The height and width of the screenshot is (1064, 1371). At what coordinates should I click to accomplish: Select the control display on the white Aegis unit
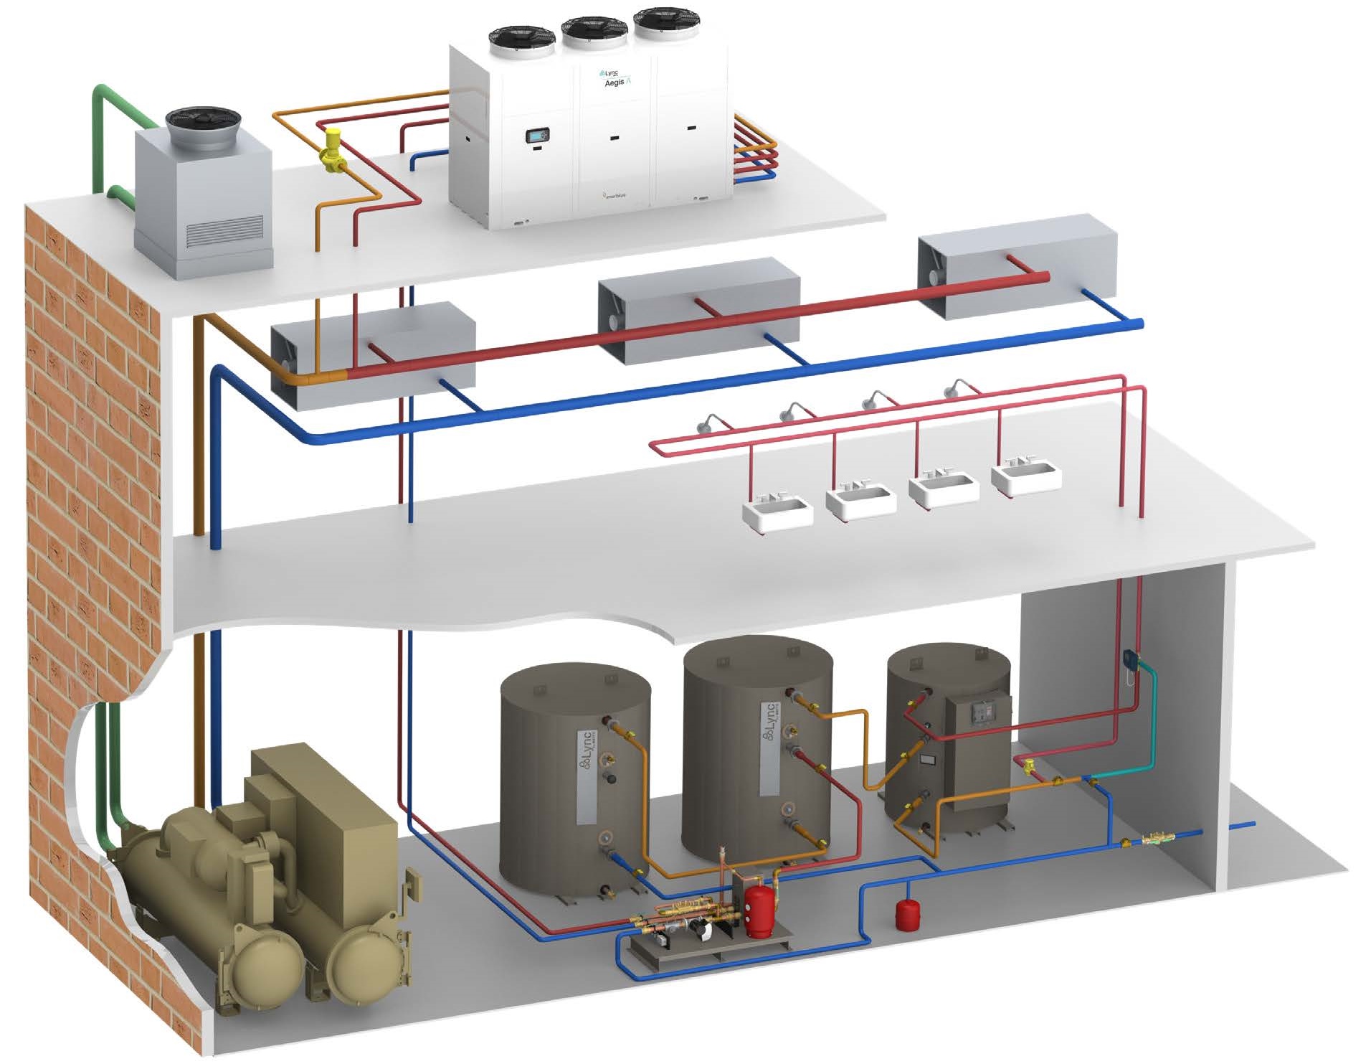539,135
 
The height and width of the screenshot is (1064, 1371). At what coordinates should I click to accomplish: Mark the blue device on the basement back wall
1130,659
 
